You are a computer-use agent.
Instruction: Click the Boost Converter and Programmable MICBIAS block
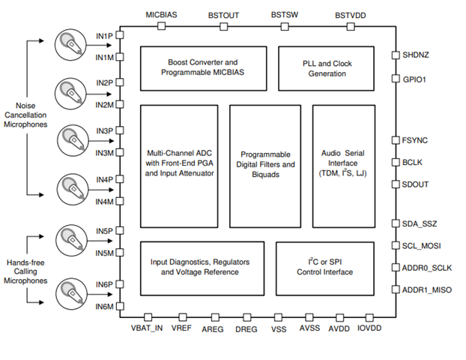click(x=203, y=67)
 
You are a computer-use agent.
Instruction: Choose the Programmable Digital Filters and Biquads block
click(x=264, y=166)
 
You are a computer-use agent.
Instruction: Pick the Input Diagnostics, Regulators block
click(x=202, y=266)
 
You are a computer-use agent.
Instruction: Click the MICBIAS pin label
click(x=161, y=14)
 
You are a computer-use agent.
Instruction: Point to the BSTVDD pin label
click(x=351, y=14)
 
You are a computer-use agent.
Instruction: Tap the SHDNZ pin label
click(x=417, y=55)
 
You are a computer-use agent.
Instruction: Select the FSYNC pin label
click(x=415, y=140)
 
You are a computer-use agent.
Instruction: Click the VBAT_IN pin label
click(x=147, y=329)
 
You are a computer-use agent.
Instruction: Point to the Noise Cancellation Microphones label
click(x=26, y=114)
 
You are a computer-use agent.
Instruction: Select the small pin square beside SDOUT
click(x=396, y=184)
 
